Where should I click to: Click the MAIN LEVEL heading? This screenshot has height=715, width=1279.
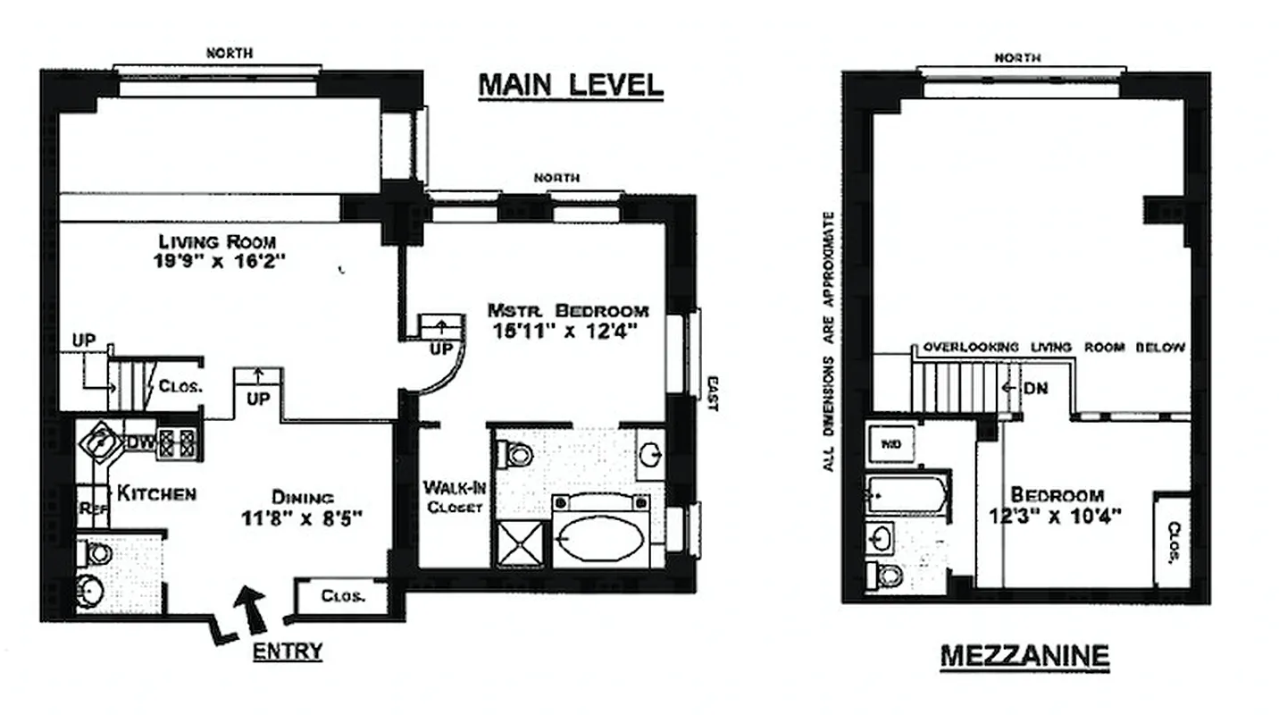click(571, 85)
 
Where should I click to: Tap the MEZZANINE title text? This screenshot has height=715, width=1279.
click(1024, 657)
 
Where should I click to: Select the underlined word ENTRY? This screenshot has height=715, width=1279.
click(287, 651)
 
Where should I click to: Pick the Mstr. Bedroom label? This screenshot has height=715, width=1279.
click(567, 311)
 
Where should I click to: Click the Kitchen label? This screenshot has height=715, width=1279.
click(156, 493)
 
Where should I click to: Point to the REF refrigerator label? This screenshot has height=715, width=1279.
click(93, 509)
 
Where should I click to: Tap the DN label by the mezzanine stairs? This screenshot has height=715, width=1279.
click(1035, 389)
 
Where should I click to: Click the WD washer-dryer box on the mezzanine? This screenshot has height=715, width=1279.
click(890, 443)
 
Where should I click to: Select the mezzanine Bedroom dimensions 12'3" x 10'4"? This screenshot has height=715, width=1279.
click(1056, 516)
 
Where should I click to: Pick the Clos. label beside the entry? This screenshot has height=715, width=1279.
click(342, 596)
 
